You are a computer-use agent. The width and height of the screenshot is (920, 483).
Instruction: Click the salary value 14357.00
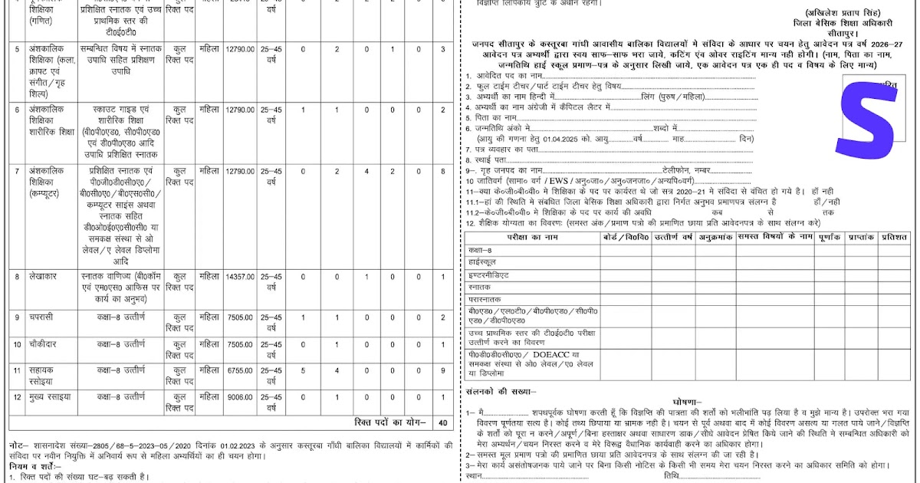pos(239,275)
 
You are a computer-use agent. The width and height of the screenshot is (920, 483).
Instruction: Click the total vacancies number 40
pos(443,422)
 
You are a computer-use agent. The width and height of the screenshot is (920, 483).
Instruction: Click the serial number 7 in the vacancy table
pos(16,171)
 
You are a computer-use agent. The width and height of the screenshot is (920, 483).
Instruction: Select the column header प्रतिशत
pos(894,237)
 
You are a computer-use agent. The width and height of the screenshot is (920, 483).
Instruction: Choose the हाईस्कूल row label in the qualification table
pos(484,262)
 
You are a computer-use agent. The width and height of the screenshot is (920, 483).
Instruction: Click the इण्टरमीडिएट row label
pos(488,274)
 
